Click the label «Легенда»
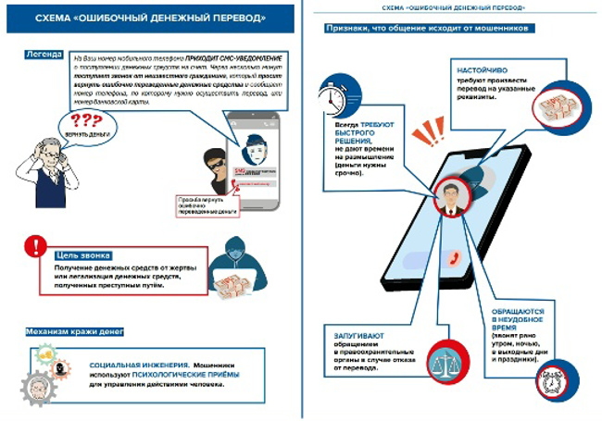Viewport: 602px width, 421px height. coord(44,55)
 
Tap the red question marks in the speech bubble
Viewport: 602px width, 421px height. coord(86,120)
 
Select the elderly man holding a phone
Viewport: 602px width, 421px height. coord(37,171)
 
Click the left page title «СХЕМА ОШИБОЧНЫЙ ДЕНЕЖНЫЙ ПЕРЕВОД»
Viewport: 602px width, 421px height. coord(150,18)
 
